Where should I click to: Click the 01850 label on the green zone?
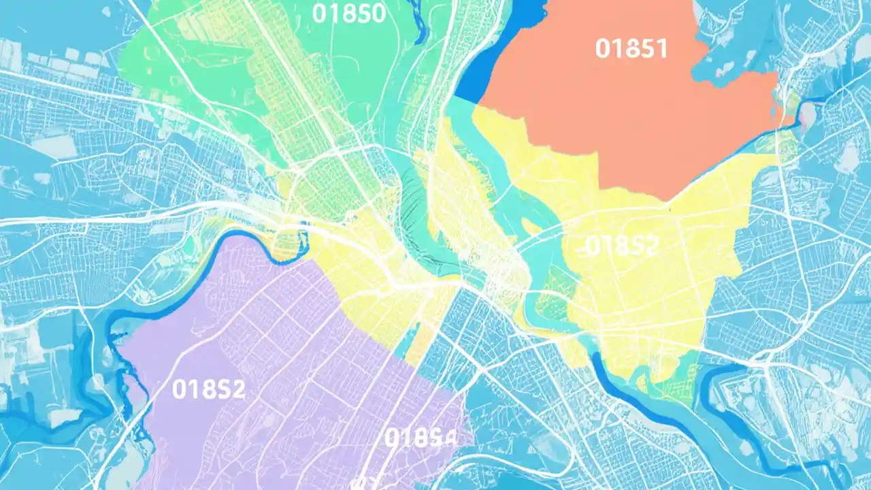click(x=349, y=14)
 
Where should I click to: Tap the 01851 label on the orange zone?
click(x=631, y=48)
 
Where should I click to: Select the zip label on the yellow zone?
click(x=621, y=246)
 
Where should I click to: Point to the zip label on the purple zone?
click(x=208, y=389)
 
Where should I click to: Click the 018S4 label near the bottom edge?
click(x=420, y=438)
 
